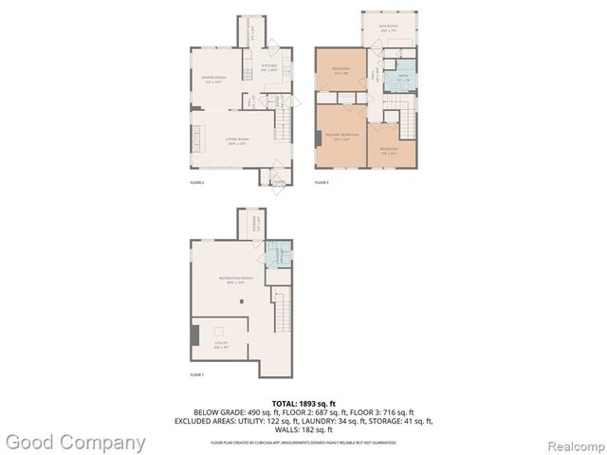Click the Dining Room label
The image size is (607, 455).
pos(213,79)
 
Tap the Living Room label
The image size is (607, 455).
pos(237,142)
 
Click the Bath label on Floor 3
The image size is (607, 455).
pos(403,79)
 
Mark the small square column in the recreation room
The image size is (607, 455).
pos(243,301)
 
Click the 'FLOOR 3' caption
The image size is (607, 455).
pos(322,181)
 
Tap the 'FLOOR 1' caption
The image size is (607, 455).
pos(196,375)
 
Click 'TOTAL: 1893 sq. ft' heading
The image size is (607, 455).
pos(303,403)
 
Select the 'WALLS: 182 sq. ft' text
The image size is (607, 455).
pos(303,428)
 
